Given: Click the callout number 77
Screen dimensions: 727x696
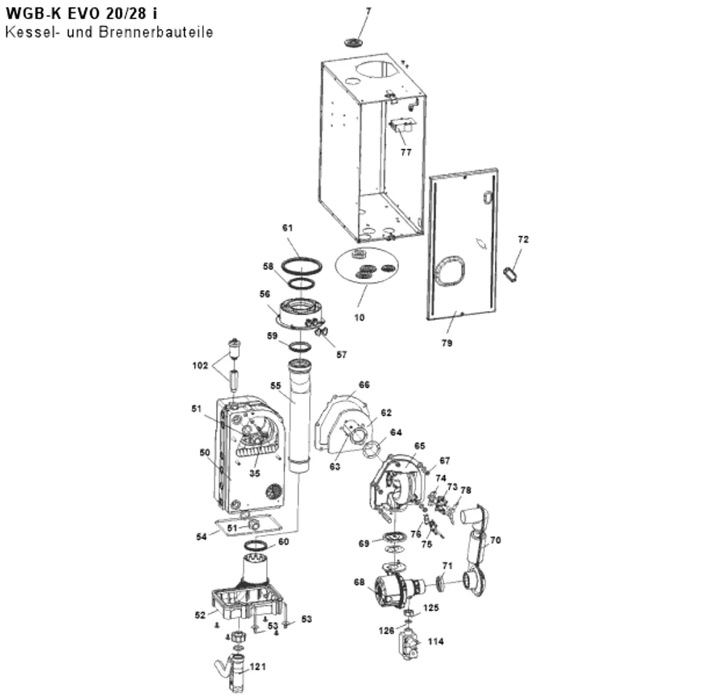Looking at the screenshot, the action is tap(406, 152).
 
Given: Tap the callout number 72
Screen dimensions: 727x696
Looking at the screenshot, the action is tap(523, 240).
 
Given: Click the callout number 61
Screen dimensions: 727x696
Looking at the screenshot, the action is tap(287, 228).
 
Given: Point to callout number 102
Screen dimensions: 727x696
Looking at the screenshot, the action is tap(201, 365).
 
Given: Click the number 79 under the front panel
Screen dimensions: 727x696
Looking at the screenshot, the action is tap(446, 343).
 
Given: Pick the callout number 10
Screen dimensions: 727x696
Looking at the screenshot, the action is tap(359, 317).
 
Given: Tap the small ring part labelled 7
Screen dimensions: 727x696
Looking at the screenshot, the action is tap(355, 43).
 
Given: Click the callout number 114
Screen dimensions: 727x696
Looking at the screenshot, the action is tap(435, 642).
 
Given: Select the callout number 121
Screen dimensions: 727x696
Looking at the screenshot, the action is tap(258, 666).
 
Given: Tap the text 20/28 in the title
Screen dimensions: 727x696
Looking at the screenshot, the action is tap(124, 13).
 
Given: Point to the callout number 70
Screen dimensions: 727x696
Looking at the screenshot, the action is tap(495, 540).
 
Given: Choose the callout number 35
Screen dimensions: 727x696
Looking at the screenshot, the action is tap(254, 473).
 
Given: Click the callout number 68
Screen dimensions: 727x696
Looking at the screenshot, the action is tap(359, 582).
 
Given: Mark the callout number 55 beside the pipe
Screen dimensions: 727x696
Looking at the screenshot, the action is tap(276, 386).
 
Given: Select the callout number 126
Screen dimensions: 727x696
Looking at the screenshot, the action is tap(386, 630).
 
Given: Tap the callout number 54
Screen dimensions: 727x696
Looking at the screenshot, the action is tap(201, 537).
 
